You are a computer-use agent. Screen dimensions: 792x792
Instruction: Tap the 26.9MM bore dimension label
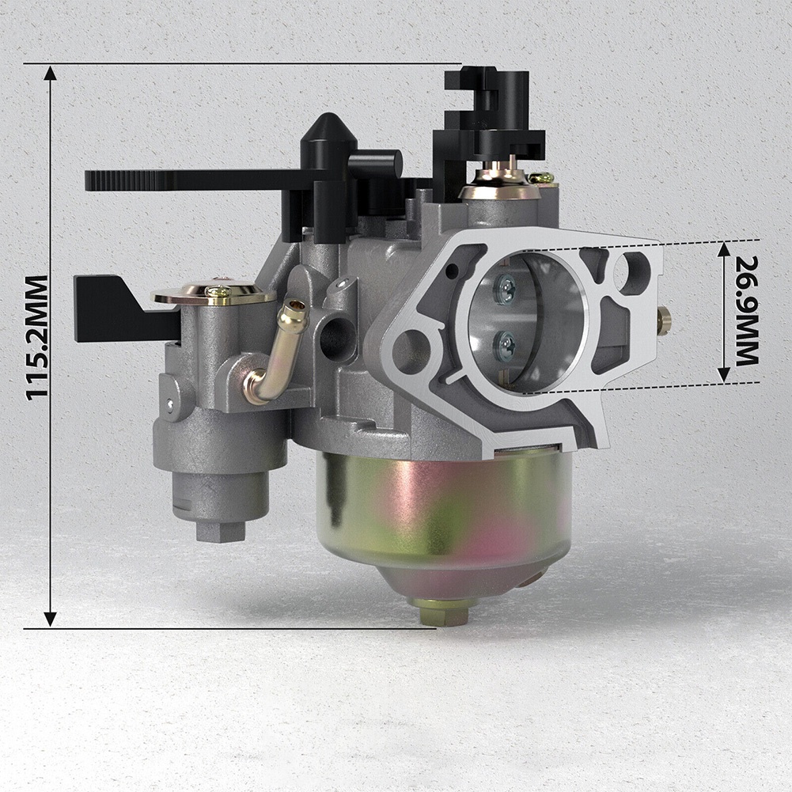click(x=746, y=310)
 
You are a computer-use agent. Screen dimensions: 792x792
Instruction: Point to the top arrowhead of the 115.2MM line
click(x=50, y=74)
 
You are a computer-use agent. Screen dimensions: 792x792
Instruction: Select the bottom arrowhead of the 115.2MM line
click(x=50, y=619)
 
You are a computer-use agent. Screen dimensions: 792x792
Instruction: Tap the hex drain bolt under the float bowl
click(x=443, y=611)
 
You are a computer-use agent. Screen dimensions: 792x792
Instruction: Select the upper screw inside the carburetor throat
click(x=504, y=290)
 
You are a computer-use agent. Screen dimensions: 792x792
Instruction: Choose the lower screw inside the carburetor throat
click(x=504, y=344)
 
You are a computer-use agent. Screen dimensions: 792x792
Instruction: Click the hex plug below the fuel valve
click(x=219, y=529)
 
